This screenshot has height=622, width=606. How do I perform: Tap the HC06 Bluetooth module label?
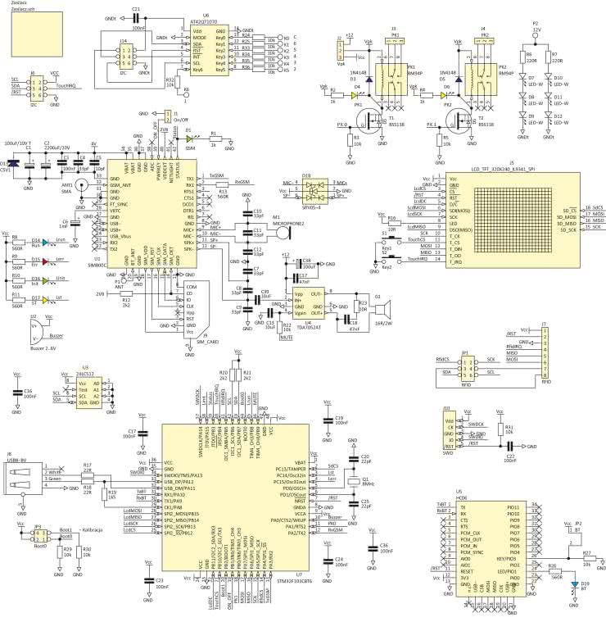[462, 497]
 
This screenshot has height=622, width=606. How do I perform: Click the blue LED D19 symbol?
[574, 584]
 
